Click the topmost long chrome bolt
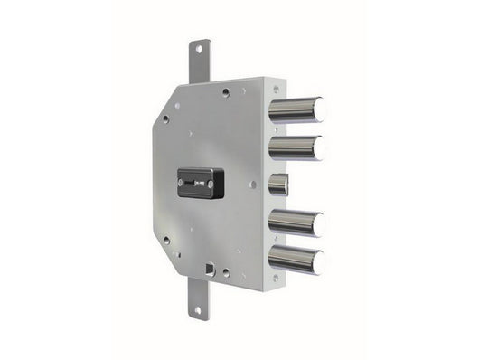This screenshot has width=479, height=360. tap(294, 109)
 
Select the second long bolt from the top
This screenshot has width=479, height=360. tap(294, 147)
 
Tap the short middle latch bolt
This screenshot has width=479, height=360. tap(277, 185)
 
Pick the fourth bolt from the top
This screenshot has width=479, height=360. tap(294, 223)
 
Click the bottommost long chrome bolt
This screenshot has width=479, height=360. tap(294, 260)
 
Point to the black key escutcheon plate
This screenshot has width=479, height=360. tap(200, 183)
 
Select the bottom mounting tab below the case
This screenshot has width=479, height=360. tap(199, 298)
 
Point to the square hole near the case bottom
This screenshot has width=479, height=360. tap(211, 268)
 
